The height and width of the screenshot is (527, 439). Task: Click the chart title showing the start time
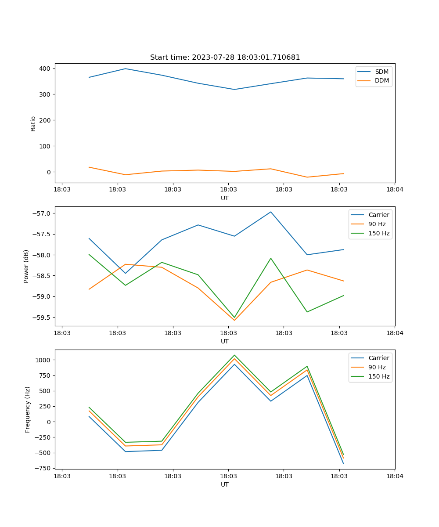(x=225, y=58)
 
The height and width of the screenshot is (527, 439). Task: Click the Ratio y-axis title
(x=33, y=123)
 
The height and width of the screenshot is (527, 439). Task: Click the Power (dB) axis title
(x=26, y=266)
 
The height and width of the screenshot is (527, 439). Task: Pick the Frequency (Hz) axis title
(x=28, y=409)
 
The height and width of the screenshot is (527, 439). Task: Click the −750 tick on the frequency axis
(x=43, y=468)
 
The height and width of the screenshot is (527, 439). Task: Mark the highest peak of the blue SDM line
(x=126, y=69)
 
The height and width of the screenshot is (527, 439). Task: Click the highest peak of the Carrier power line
(x=271, y=212)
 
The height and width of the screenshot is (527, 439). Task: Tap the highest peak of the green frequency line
(x=234, y=355)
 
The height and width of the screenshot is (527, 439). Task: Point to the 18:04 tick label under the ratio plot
(x=394, y=190)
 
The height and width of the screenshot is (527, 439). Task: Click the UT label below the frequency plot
(x=225, y=484)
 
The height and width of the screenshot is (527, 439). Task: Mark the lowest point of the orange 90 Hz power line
(x=234, y=320)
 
